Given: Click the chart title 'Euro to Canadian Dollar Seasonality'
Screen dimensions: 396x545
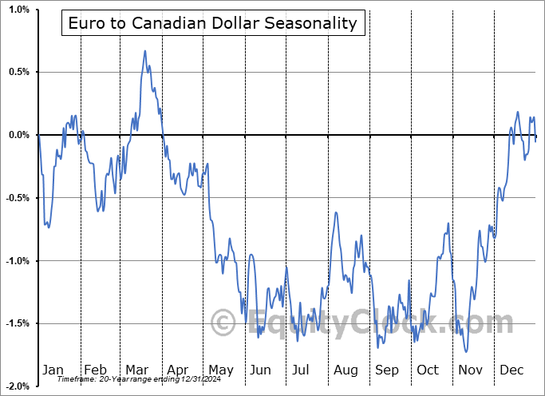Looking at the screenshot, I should [x=213, y=23].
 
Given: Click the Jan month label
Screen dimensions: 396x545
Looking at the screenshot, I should [x=53, y=370].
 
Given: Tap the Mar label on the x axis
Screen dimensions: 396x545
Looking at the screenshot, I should [x=137, y=370].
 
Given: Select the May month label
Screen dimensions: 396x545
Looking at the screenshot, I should [x=220, y=370].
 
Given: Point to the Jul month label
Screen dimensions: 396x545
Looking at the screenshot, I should [x=302, y=370].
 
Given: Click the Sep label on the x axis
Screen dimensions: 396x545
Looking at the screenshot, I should [x=387, y=370].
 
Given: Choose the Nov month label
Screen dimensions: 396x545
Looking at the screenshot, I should [x=470, y=370].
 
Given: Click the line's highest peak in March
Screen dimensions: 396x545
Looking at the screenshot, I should [x=145, y=51].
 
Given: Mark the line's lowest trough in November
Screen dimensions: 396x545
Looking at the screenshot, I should [x=466, y=351].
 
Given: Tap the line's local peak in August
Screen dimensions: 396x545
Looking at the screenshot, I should [x=336, y=213].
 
